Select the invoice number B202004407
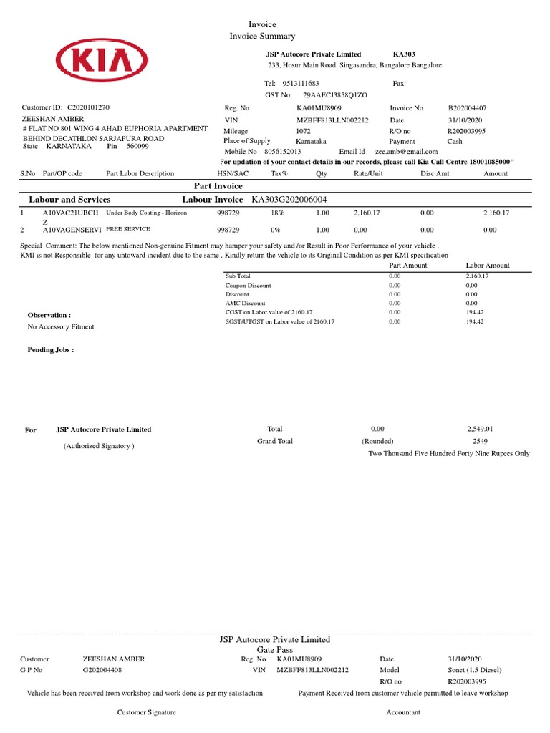[466, 108]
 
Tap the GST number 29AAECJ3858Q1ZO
[335, 94]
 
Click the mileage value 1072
[304, 131]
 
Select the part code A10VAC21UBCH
[70, 213]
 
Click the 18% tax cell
[276, 213]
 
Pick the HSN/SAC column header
[233, 173]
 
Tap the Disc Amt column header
[434, 173]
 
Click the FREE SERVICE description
[130, 230]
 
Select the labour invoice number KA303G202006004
[293, 199]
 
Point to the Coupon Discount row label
[248, 285]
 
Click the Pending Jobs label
[50, 350]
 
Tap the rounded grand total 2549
[479, 442]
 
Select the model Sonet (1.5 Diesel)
[475, 671]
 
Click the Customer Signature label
[146, 712]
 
